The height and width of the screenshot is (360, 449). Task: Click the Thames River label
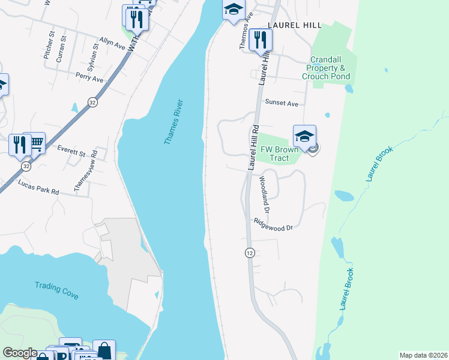pyautogui.click(x=174, y=122)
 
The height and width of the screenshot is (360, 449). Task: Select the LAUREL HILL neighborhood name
pyautogui.click(x=295, y=26)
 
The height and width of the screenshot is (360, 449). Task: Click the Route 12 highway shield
pyautogui.click(x=249, y=253)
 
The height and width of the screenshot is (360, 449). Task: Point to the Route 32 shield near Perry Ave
pyautogui.click(x=92, y=102)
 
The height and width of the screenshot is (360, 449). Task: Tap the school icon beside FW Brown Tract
pyautogui.click(x=304, y=136)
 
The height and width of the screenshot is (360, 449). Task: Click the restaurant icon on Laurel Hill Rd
pyautogui.click(x=261, y=40)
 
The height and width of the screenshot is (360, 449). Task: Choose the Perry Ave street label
pyautogui.click(x=89, y=78)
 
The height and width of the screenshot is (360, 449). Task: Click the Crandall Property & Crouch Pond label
pyautogui.click(x=326, y=68)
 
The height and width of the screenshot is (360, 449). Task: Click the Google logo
pyautogui.click(x=19, y=353)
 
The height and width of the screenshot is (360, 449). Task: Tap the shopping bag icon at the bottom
pyautogui.click(x=104, y=350)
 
